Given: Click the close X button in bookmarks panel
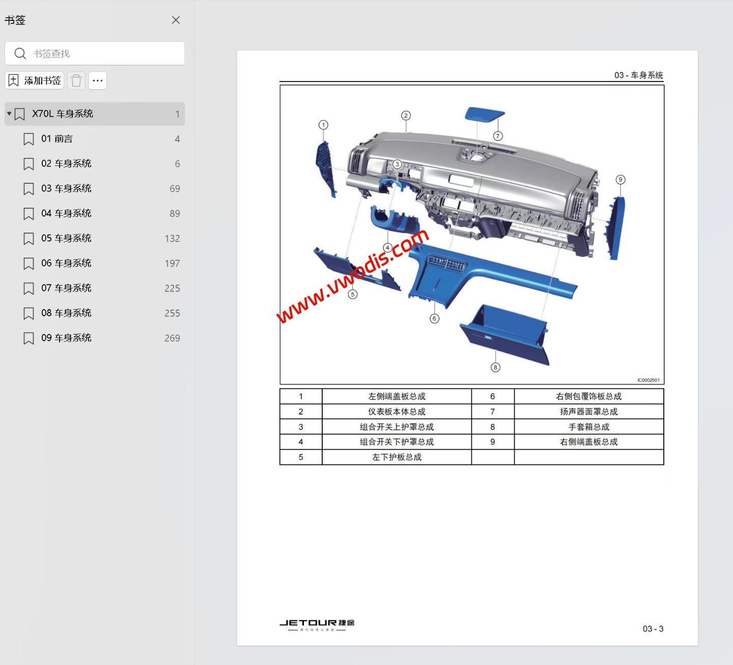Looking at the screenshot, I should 176,20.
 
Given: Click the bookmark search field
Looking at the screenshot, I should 102,53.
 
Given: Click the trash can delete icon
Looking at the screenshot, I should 76,80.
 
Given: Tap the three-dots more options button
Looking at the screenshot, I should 98,80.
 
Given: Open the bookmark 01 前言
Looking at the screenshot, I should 57,138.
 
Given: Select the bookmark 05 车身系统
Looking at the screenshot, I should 66,238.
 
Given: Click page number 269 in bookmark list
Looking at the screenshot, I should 172,338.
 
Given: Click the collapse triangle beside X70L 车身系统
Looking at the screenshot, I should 9,114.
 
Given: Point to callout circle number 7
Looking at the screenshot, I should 498,136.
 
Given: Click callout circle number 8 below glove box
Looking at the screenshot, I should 495,367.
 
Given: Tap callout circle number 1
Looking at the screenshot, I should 323,125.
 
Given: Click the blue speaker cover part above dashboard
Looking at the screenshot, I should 484,114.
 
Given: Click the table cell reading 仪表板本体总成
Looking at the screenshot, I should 397,411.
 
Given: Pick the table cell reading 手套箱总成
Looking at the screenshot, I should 588,427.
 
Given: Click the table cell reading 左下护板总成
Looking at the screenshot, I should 397,457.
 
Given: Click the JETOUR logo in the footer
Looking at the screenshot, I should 317,624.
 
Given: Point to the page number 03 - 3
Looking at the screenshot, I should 653,629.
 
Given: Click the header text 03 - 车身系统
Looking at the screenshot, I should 638,75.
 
